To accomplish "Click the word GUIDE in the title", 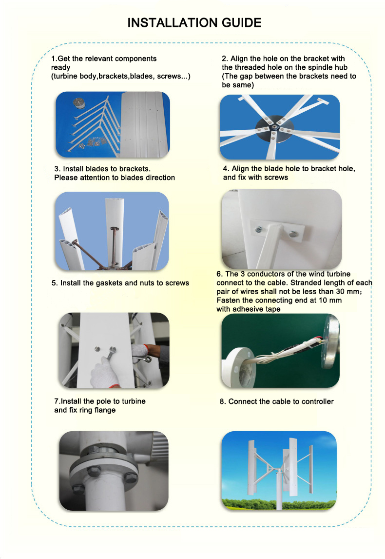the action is point(241,23).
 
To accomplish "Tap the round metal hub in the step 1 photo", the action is point(79,102).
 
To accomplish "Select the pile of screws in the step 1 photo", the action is point(93,142).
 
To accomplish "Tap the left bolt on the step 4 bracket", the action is point(259,230).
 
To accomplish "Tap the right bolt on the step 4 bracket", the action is point(293,234).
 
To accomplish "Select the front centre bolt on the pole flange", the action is point(94,471).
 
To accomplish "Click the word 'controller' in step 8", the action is point(318,402).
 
